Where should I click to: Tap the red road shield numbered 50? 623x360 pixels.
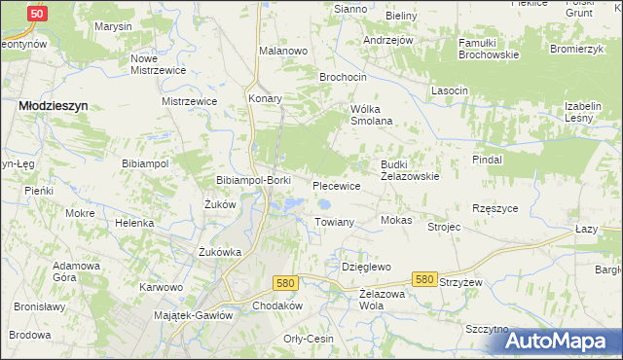36,14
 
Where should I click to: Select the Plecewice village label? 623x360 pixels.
337,185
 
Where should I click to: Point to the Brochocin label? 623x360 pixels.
344,76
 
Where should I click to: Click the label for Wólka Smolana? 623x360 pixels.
371,115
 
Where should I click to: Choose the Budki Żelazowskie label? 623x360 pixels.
410,171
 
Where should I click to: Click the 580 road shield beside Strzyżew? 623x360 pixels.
423,279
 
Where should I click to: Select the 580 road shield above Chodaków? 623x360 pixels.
284,283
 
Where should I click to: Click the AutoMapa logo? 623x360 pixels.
563,341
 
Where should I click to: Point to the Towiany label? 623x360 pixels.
334,223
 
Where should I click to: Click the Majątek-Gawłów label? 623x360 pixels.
194,315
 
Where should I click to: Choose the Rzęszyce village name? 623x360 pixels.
495,208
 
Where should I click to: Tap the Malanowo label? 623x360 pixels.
283,49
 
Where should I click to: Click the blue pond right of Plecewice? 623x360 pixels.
324,205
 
